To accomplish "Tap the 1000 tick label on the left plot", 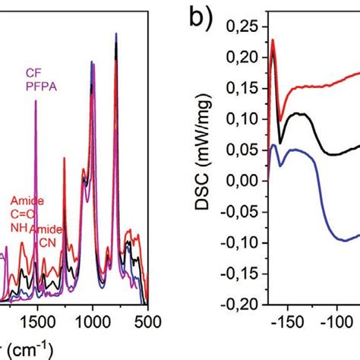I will click(x=93, y=321).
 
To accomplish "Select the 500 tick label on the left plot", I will click(x=147, y=321).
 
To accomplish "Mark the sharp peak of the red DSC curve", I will click(x=272, y=41).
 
